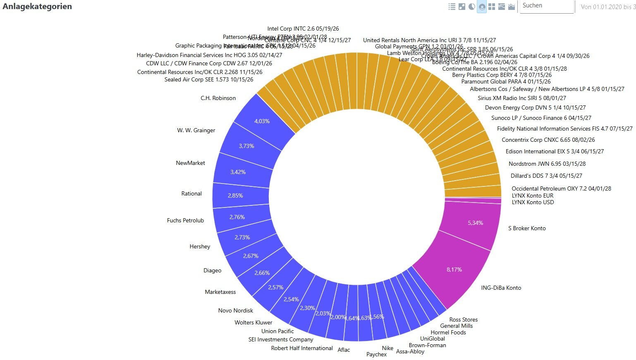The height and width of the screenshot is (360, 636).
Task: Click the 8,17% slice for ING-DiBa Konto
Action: (x=454, y=270)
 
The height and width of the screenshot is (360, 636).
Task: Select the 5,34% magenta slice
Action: (x=475, y=223)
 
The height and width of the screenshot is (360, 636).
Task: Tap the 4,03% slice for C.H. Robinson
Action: (x=262, y=121)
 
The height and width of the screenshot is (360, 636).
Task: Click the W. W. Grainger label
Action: (x=196, y=131)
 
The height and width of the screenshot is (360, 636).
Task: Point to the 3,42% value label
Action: (x=238, y=172)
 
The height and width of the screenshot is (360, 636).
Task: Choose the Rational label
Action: (x=191, y=194)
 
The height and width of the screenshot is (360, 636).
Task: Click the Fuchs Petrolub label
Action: (x=185, y=221)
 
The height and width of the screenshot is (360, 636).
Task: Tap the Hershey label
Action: (x=200, y=247)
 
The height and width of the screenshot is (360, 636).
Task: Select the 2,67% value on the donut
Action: (x=251, y=256)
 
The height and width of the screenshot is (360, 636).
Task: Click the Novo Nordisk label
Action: (x=235, y=311)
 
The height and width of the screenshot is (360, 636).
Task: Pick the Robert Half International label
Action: (x=302, y=348)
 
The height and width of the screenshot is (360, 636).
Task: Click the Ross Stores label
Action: (x=463, y=320)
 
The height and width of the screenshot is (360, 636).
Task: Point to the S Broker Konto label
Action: (x=527, y=229)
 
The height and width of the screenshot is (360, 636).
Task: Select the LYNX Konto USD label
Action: (x=533, y=203)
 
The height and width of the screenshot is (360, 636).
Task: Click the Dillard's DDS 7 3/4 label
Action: (x=546, y=176)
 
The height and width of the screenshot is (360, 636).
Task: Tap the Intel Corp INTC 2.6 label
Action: (x=303, y=29)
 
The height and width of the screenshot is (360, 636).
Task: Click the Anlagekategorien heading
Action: (x=37, y=7)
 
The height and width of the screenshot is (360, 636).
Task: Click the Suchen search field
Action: (x=546, y=6)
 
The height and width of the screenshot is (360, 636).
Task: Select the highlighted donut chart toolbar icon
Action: (x=482, y=7)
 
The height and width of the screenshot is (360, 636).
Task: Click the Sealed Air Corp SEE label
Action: (x=208, y=80)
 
